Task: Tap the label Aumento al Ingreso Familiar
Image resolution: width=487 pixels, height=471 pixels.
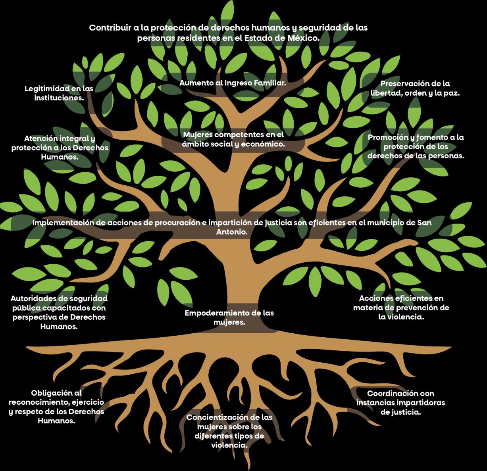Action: click(233, 83)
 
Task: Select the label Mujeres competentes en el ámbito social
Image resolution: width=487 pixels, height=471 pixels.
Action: click(233, 139)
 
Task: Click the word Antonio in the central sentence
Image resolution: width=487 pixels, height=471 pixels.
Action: click(231, 232)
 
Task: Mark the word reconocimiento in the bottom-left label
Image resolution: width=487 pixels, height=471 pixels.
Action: click(38, 402)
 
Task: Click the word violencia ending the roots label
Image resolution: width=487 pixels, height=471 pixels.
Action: click(229, 446)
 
